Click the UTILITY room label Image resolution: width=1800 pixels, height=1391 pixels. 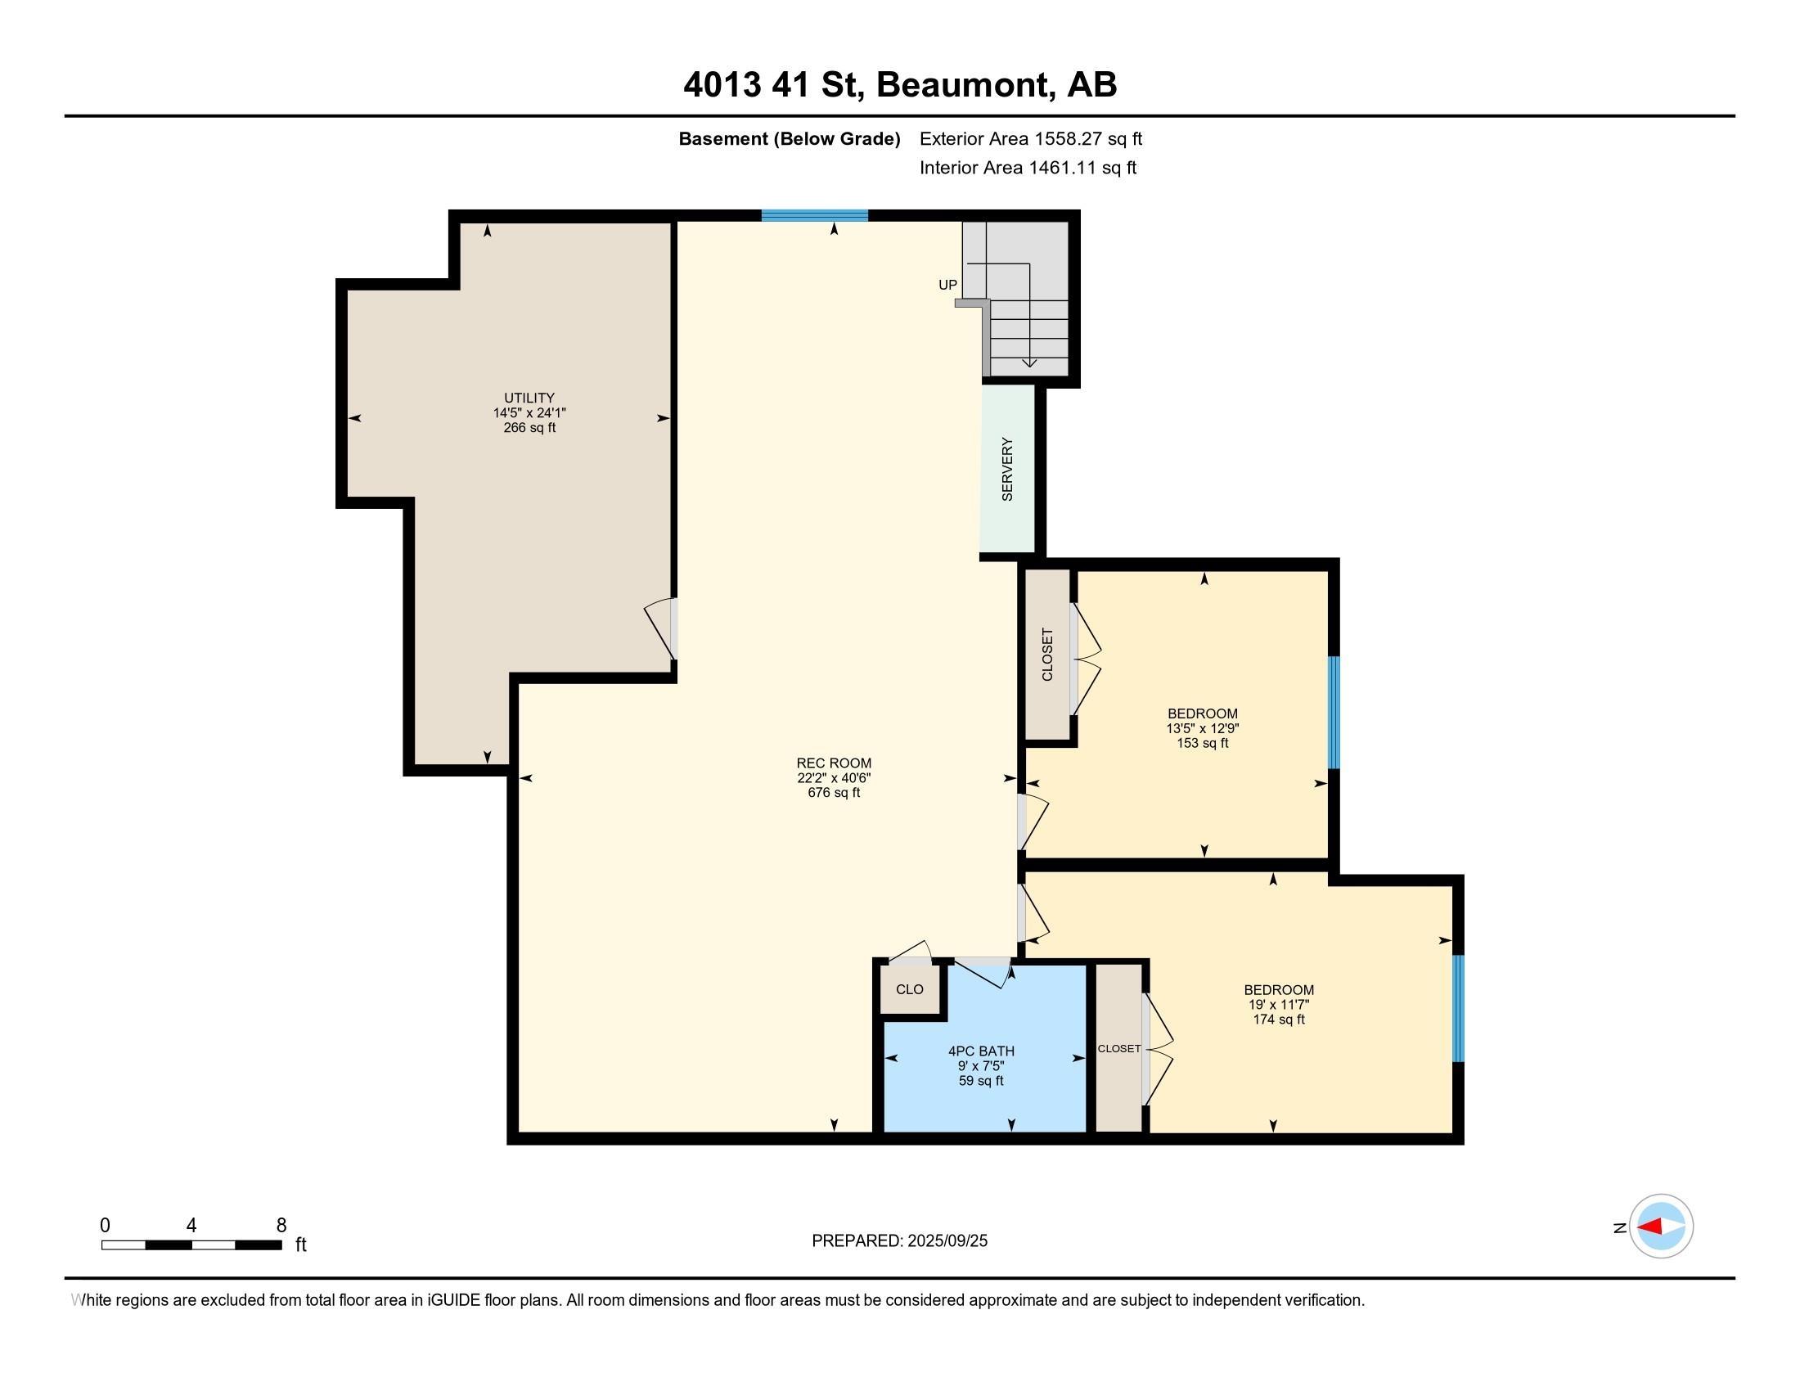(x=529, y=398)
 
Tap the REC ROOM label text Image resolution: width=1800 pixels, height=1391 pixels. (x=833, y=763)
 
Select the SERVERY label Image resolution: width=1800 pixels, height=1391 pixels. (x=1007, y=469)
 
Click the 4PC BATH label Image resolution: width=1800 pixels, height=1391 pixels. (x=981, y=1051)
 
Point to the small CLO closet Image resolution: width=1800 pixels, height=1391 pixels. (x=910, y=989)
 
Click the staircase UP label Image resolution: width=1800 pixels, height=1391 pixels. (x=947, y=285)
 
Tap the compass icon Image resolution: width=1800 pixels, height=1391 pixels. (x=1661, y=1227)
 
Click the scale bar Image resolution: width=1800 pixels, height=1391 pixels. (x=191, y=1245)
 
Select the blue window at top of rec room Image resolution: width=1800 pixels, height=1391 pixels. (x=814, y=216)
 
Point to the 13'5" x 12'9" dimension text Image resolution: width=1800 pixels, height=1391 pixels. (x=1203, y=728)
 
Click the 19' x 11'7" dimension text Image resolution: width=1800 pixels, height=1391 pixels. (x=1278, y=1005)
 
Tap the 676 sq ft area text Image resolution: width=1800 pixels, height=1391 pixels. (x=833, y=793)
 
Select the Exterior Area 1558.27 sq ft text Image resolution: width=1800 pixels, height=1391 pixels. (x=1031, y=138)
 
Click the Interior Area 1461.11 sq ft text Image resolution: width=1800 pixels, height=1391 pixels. (x=1028, y=168)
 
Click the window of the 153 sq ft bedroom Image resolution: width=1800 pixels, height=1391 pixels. (x=1334, y=713)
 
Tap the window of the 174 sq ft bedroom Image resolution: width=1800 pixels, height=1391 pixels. (x=1458, y=1008)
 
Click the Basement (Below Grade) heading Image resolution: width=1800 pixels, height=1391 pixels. (x=789, y=138)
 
